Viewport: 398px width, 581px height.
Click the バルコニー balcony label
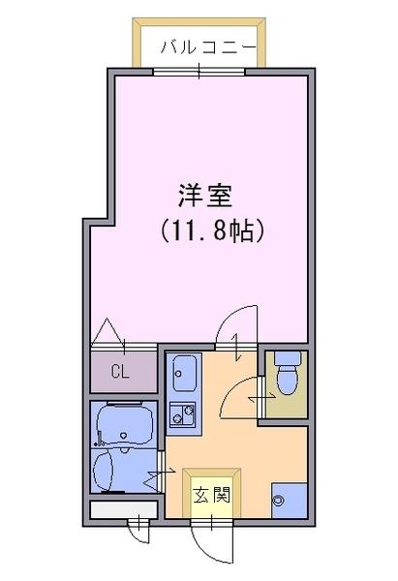click(x=208, y=47)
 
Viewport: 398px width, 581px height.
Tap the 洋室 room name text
click(x=205, y=196)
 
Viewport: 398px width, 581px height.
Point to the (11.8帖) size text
click(x=212, y=230)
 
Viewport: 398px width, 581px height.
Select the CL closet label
click(x=120, y=372)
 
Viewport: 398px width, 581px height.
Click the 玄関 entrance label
click(x=212, y=494)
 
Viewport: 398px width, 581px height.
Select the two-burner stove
click(x=182, y=414)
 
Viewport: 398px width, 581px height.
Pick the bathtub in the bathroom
click(x=125, y=425)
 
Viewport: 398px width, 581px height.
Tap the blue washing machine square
click(x=290, y=501)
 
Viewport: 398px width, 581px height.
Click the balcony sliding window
click(x=199, y=72)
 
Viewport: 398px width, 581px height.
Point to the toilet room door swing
click(x=240, y=398)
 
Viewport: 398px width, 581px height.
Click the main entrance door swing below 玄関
click(x=209, y=546)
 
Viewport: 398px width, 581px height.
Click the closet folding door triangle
click(x=107, y=331)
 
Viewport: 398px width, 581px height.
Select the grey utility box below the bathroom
click(x=124, y=510)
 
